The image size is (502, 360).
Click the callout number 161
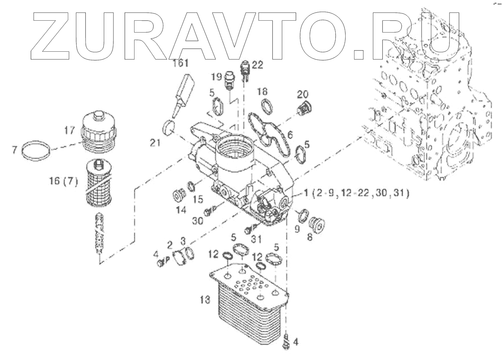point(180,63)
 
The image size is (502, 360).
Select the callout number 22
point(258,65)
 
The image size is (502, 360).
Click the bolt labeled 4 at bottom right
point(285,340)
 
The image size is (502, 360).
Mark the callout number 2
point(169,244)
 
